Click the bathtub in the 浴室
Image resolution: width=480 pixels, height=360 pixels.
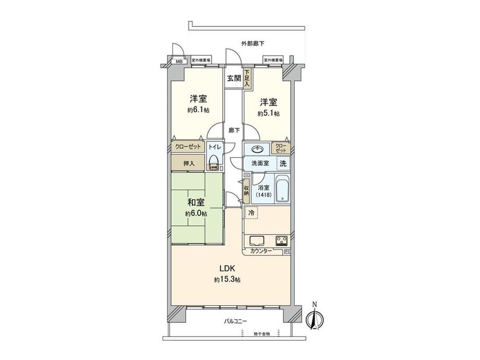[x=282, y=190]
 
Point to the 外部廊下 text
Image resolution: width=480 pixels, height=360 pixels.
[x=252, y=43]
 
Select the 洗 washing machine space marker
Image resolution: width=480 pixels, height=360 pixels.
[x=282, y=163]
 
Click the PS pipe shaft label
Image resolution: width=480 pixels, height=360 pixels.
[x=287, y=252]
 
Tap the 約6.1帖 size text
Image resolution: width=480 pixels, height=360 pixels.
[x=198, y=110]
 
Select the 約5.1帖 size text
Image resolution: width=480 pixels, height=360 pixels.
[x=268, y=113]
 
